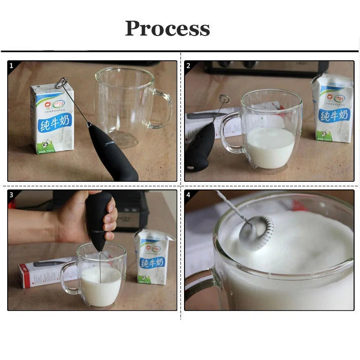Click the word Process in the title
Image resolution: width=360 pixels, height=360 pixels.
click(167, 28)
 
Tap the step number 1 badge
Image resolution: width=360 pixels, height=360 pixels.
click(11, 66)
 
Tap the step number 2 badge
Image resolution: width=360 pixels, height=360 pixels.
click(188, 66)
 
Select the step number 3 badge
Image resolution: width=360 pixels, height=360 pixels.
click(11, 195)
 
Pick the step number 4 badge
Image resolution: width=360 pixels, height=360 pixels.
click(188, 195)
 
